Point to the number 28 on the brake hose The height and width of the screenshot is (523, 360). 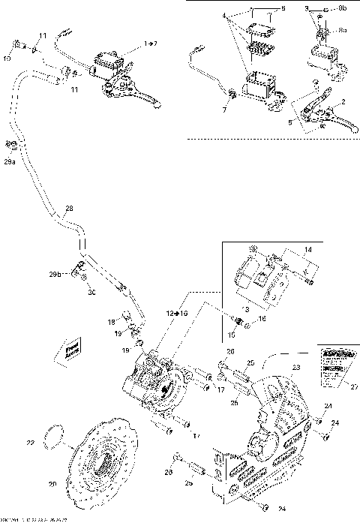tap(69, 209)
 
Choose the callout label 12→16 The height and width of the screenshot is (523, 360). tap(166, 311)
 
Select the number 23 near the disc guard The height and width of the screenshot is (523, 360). tap(295, 368)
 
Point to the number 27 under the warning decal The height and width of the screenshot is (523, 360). tap(354, 387)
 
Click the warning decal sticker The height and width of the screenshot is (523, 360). tap(331, 365)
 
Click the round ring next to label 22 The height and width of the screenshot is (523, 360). tap(55, 434)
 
